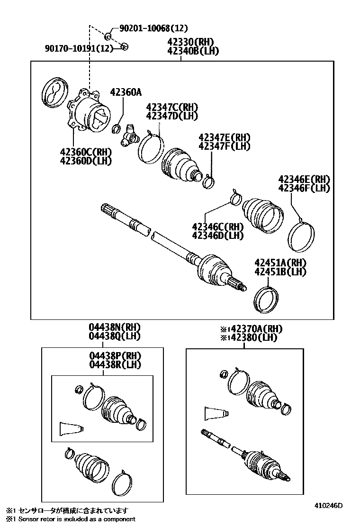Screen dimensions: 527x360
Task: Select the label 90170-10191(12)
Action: click(80, 48)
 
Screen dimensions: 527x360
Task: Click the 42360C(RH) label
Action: click(85, 152)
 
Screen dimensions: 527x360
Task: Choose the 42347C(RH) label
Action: click(172, 107)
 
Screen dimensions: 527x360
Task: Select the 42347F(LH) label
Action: click(224, 146)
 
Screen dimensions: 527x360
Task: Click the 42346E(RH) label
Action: click(304, 179)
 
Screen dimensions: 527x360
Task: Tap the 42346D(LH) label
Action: click(217, 235)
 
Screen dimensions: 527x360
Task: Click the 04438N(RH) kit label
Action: click(115, 327)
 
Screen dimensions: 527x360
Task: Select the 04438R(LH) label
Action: click(115, 364)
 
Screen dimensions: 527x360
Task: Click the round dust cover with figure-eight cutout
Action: click(53, 91)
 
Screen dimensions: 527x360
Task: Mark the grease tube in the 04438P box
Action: click(71, 428)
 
